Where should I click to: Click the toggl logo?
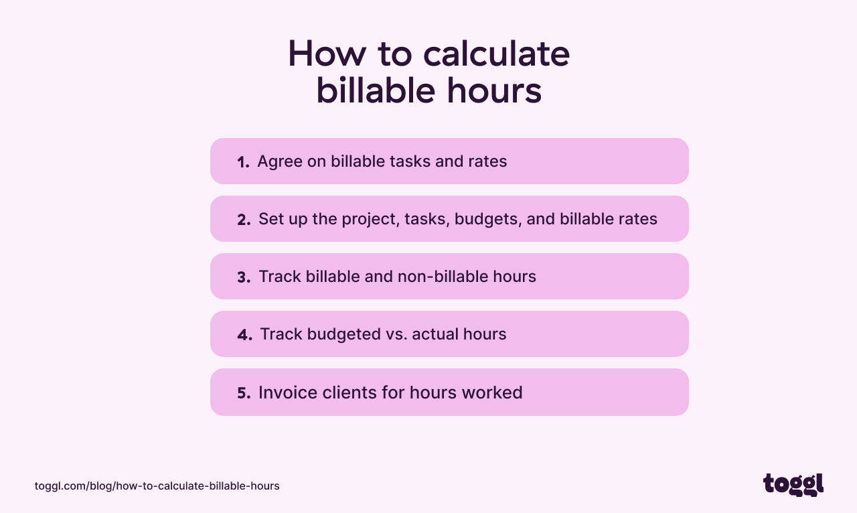point(793,484)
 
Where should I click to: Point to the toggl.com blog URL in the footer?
point(157,486)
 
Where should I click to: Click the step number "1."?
point(243,162)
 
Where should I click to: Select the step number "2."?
point(244,220)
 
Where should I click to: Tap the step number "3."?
point(244,277)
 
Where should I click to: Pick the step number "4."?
point(244,335)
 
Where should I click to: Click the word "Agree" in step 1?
point(278,162)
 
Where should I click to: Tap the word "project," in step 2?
point(371,219)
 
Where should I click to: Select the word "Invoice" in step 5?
point(285,392)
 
